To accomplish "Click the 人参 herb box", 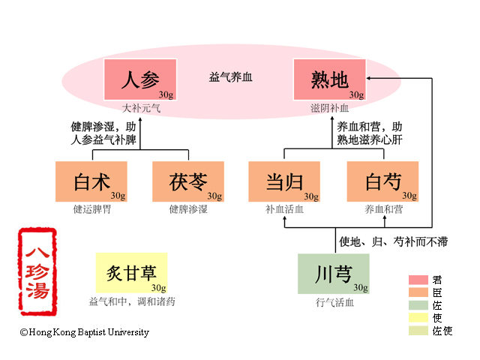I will pos(139,79).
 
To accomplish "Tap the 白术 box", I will pos(91,181).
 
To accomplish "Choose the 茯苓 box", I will pos(188,181).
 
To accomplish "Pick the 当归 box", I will pos(284,181).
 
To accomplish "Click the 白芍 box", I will pos(382,181).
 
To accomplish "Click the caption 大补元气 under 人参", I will pos(141,108).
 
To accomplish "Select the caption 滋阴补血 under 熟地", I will pos(330,108).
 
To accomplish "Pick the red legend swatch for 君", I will pos(418,279).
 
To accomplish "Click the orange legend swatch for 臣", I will pos(418,292).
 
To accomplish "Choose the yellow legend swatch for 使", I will pos(418,317).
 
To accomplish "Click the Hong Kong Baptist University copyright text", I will pos(85,332).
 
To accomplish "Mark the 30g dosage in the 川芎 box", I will pos(360,287).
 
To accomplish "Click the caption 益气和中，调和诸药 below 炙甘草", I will pos(132,302).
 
